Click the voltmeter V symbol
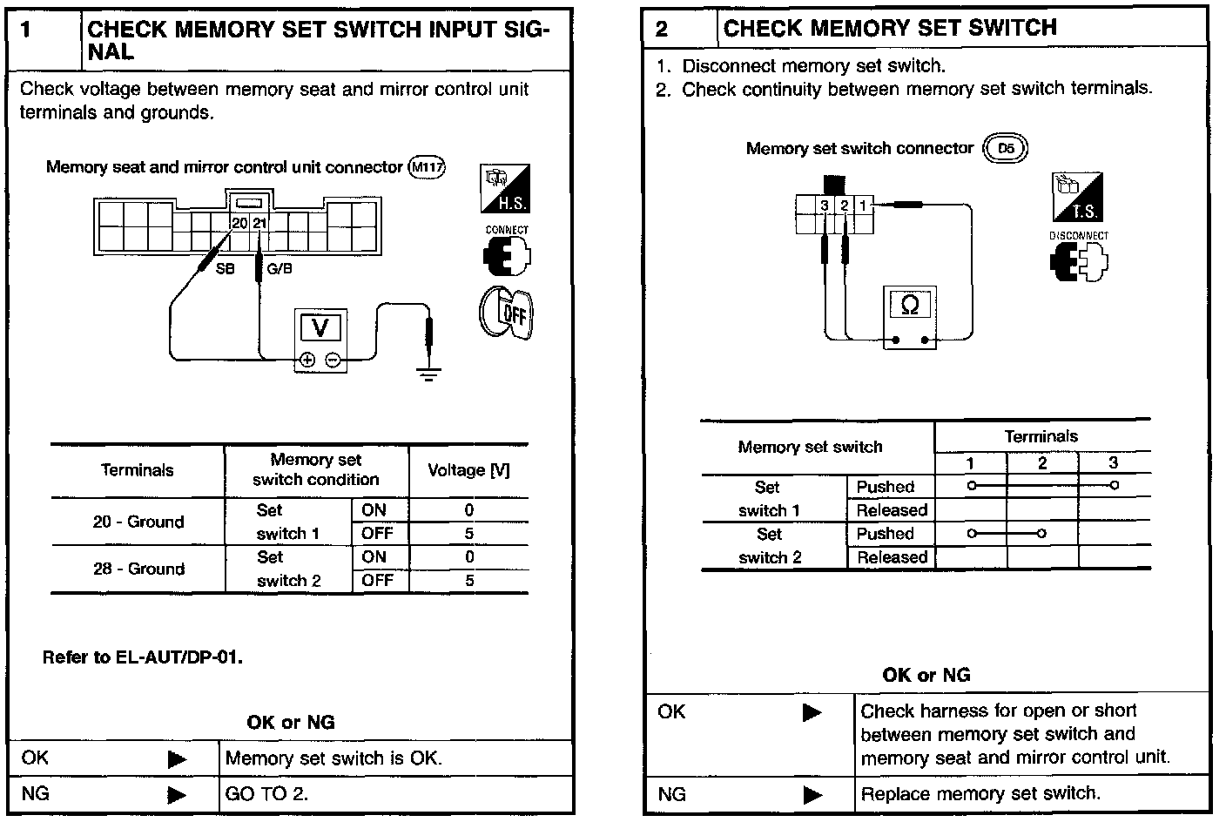click(320, 328)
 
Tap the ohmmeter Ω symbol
click(910, 305)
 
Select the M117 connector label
click(427, 166)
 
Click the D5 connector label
click(1006, 148)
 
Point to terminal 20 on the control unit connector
click(239, 223)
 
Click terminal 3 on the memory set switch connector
click(825, 205)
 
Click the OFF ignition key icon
click(506, 314)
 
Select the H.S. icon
click(505, 189)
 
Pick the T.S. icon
click(1078, 197)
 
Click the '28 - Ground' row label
click(138, 569)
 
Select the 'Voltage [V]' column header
click(468, 470)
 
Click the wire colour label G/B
click(280, 269)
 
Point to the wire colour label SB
click(225, 269)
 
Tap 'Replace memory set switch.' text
click(980, 793)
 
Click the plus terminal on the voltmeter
click(306, 360)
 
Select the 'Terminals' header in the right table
click(1041, 436)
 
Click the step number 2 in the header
click(662, 30)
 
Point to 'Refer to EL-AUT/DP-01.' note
click(143, 657)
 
